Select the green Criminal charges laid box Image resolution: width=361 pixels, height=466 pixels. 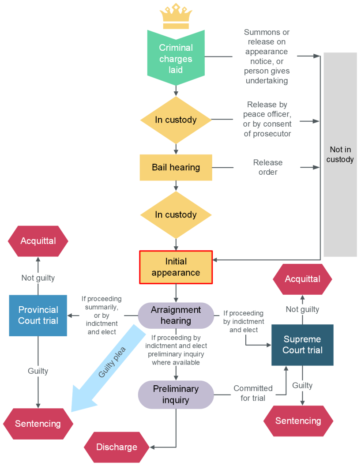click(x=176, y=58)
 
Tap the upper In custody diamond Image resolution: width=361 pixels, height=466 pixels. click(x=176, y=120)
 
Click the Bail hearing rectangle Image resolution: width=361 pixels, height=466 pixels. click(x=176, y=167)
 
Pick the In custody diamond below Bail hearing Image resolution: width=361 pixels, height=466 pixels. click(x=176, y=215)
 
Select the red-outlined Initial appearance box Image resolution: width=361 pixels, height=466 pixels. click(x=176, y=267)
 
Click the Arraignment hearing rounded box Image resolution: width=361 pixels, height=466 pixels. click(x=176, y=315)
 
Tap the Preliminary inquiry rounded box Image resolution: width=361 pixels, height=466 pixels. click(x=176, y=395)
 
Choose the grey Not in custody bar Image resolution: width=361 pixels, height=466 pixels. click(x=340, y=154)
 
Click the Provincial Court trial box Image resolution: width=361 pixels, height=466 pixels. click(x=38, y=315)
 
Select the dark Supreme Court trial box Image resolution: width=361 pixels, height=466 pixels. click(x=302, y=345)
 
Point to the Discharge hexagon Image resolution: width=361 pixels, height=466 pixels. click(x=117, y=447)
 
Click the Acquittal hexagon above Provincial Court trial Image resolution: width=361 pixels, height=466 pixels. click(x=38, y=241)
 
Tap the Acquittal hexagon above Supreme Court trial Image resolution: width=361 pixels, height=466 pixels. click(x=302, y=279)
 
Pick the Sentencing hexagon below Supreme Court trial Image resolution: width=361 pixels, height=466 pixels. click(x=298, y=421)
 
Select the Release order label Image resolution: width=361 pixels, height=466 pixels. click(x=268, y=167)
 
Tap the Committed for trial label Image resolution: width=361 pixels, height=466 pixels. click(x=253, y=393)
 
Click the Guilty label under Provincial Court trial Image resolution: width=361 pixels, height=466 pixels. click(x=38, y=371)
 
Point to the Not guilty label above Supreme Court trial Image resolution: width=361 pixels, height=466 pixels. click(x=302, y=309)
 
